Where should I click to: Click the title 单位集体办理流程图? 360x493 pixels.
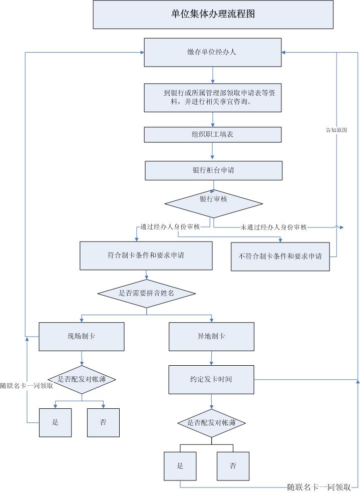coord(213,14)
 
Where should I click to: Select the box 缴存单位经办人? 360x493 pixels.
coord(213,52)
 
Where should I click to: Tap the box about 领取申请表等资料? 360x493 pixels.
coord(213,97)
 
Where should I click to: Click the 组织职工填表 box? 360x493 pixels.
coord(213,134)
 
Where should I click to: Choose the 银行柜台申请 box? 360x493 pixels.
coord(213,170)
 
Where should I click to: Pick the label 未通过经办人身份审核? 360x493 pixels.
coord(273,227)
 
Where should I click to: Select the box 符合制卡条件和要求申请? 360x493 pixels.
coord(146,256)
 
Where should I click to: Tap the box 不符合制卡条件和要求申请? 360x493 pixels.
coord(280,257)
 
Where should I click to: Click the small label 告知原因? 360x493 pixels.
coord(336,130)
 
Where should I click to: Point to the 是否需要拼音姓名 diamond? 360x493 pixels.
coord(146,293)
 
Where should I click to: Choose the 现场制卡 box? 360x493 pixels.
coord(82,336)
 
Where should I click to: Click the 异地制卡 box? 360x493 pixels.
coord(211,336)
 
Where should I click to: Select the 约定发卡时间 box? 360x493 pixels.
coord(211,379)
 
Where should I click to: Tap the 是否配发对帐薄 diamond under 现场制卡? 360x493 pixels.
coord(82,379)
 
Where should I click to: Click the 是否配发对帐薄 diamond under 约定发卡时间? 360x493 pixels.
coord(211,423)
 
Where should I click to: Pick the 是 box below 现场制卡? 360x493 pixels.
coord(55,422)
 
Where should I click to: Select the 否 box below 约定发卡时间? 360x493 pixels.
coord(233,466)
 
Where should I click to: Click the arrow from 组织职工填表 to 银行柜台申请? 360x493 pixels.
coord(213,151)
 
